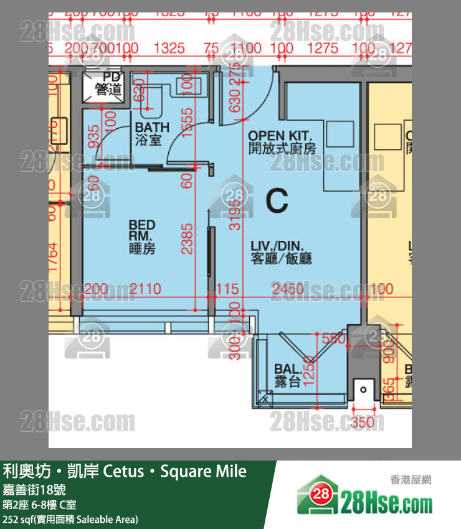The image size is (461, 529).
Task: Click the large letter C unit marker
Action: [x=277, y=200]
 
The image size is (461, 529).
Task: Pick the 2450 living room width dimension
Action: [x=287, y=289]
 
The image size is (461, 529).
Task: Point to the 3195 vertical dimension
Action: [x=234, y=214]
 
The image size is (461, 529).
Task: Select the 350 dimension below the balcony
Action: [x=363, y=423]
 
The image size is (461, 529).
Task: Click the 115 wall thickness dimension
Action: [x=227, y=289]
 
